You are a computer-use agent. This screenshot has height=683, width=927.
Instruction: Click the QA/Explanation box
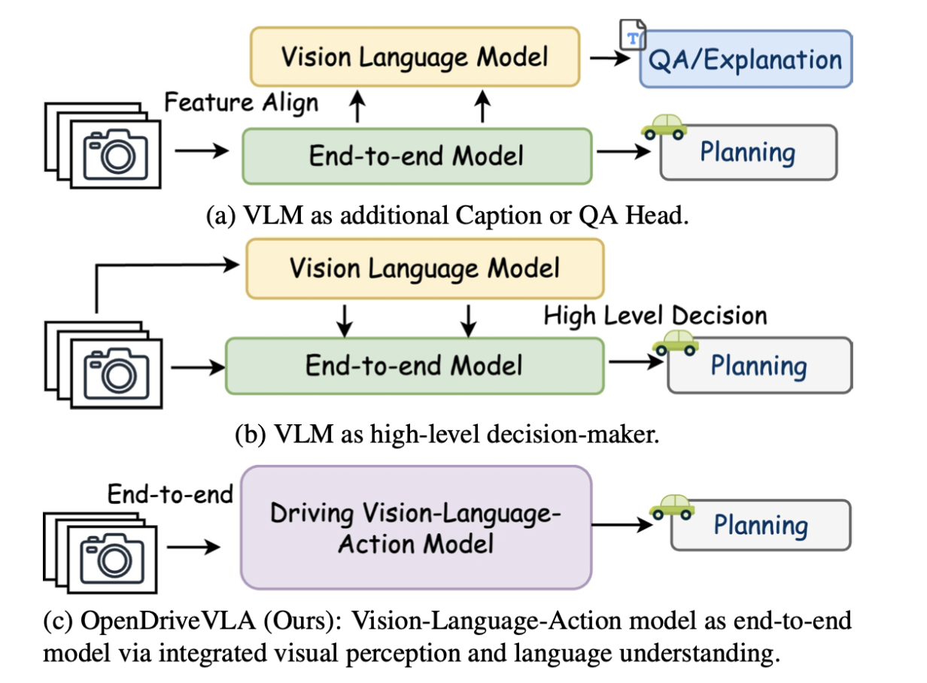(745, 59)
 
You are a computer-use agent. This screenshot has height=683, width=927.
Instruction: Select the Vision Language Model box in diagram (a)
(415, 56)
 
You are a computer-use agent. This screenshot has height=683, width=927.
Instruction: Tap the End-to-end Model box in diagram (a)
(417, 156)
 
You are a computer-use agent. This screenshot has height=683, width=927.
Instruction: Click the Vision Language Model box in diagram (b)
(425, 268)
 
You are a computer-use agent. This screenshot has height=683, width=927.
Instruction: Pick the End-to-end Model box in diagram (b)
(414, 366)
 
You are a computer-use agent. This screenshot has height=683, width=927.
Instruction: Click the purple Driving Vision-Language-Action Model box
(416, 527)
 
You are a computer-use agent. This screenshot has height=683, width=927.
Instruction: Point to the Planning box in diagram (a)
(748, 153)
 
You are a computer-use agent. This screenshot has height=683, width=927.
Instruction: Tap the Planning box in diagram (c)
(761, 525)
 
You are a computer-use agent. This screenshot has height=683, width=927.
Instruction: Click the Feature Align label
(241, 102)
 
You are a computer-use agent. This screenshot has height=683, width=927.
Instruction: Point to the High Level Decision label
(655, 316)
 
